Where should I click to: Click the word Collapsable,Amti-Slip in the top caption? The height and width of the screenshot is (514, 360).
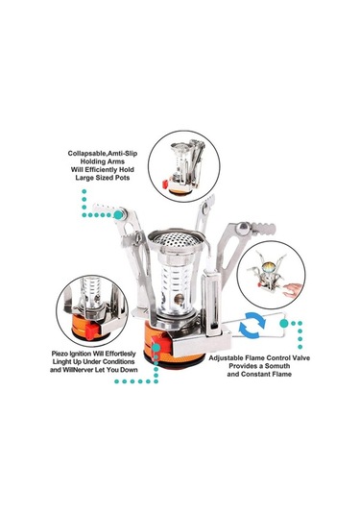103,154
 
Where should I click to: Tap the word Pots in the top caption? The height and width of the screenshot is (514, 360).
122,178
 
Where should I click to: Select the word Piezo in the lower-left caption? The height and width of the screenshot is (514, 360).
60,354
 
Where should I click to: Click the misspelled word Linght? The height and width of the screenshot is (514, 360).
62,362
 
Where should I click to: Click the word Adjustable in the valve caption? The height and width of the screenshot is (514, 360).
226,358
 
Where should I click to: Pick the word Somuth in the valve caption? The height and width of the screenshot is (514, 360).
277,366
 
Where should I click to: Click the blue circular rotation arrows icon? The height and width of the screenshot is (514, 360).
252,325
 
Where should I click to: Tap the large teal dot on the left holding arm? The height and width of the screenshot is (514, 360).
119,215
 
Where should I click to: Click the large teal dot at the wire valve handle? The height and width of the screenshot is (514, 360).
284,324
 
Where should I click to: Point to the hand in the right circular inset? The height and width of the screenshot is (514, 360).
293,289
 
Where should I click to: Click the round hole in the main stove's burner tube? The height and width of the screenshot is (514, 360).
179,299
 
